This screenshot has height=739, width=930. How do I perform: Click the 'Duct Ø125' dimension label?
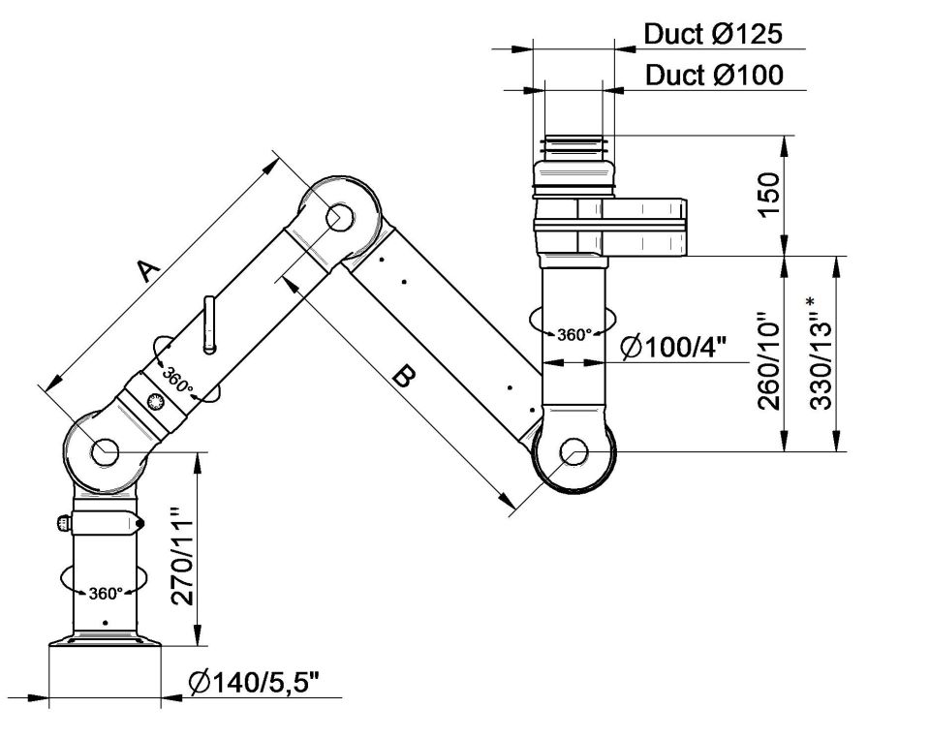tap(712, 35)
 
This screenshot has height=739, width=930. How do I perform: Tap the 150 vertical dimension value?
tap(767, 196)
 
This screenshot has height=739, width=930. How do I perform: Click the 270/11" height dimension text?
tap(181, 557)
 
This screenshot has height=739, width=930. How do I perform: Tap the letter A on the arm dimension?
tap(145, 270)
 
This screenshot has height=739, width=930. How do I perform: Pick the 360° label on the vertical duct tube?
tap(573, 335)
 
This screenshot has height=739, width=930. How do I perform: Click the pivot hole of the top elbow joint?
tap(340, 218)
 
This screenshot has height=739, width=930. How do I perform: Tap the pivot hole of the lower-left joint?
tap(105, 450)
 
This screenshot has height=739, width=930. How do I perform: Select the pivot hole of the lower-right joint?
tap(574, 450)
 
